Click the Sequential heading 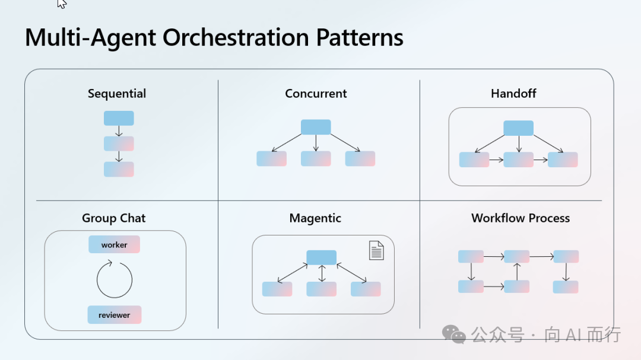click(117, 94)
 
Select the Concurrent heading click(316, 94)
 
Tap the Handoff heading click(513, 94)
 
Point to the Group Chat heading click(113, 218)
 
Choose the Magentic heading click(315, 218)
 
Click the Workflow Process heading click(521, 218)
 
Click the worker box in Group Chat click(114, 244)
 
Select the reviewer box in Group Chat click(115, 315)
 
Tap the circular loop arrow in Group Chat click(97, 281)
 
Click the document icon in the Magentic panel click(376, 250)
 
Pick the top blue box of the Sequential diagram click(119, 118)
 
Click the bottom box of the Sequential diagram click(119, 169)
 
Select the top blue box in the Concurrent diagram click(316, 127)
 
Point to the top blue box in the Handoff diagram click(518, 128)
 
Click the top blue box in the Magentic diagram click(322, 257)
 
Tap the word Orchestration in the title click(236, 37)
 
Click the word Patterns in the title click(360, 37)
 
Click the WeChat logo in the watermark click(454, 334)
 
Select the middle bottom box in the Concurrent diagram click(316, 158)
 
